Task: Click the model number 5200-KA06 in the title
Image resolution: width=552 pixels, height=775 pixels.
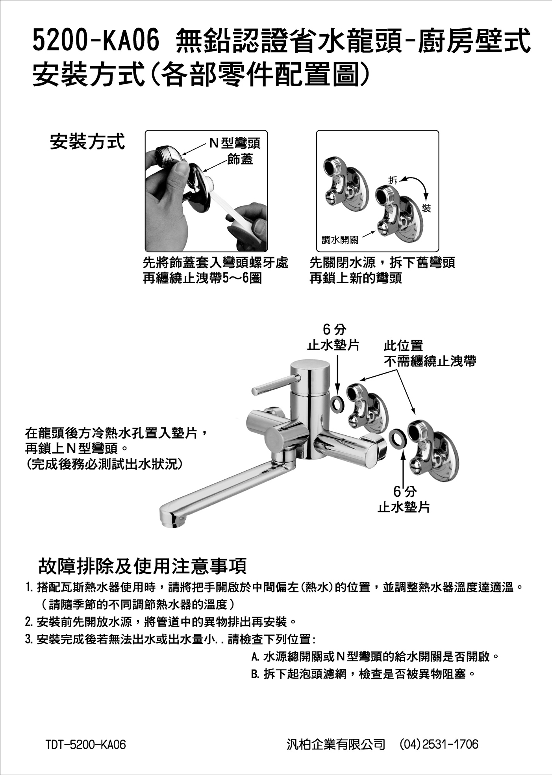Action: point(96,41)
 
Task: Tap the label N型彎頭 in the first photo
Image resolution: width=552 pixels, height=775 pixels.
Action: point(235,143)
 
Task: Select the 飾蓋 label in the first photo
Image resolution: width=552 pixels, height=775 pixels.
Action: point(240,159)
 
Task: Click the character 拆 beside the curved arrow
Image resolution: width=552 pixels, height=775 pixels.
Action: point(393,180)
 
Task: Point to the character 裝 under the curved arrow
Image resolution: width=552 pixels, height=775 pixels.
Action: point(426,208)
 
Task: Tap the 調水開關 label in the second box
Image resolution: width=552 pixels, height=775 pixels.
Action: point(340,240)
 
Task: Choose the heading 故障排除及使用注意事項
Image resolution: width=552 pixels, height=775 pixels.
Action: point(143,566)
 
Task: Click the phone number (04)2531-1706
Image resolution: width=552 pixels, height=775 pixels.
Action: point(439,744)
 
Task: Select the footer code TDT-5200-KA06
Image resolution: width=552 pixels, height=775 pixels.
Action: point(86,744)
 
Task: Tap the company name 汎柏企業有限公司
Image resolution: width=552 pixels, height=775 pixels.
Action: point(336,744)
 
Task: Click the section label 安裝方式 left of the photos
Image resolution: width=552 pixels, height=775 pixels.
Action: point(87,141)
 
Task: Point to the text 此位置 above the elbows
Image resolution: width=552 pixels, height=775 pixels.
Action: point(403,346)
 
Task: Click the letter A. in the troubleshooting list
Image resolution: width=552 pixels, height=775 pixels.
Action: point(255,657)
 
